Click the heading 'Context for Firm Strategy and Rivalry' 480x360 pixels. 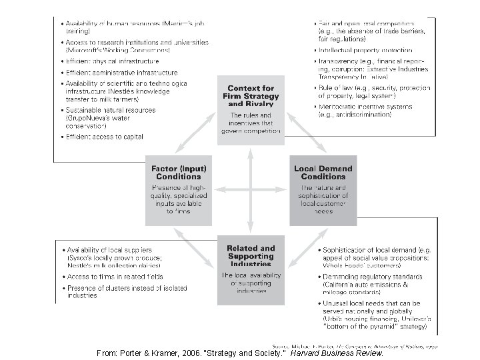(251, 95)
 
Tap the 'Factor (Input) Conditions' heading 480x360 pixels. (178, 172)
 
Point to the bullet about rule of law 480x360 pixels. (371, 91)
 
